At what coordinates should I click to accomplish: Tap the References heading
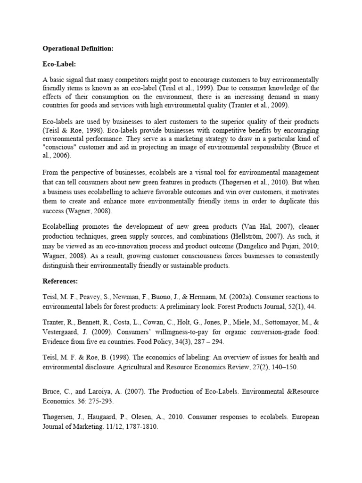tap(60, 281)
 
